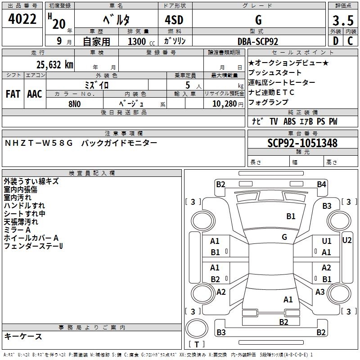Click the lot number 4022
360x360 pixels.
(22, 19)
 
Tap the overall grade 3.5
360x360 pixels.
(343, 20)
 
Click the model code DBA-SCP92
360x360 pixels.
(258, 41)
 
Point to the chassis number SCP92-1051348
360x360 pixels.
(302, 144)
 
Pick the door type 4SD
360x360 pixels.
(175, 21)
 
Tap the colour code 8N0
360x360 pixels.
(74, 103)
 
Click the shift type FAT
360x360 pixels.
(13, 94)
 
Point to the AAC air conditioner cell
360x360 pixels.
(35, 94)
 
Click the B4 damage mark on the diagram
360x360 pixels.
(321, 184)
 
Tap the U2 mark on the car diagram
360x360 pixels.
(347, 240)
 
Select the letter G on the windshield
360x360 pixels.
(284, 237)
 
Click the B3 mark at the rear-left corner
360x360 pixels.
(221, 333)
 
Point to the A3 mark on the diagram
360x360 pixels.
(320, 292)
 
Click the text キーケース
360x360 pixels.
(23, 337)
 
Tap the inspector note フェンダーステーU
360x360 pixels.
(33, 246)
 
